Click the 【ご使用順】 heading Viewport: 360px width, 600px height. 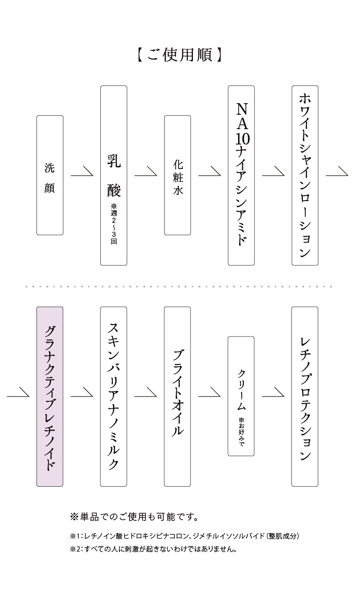tap(180, 55)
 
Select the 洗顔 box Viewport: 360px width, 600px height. tap(50, 175)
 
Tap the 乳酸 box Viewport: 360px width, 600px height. tap(114, 176)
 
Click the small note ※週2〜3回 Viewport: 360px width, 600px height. tap(114, 224)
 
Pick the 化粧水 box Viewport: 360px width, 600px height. tap(177, 175)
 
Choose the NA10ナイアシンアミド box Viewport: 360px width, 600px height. tap(241, 176)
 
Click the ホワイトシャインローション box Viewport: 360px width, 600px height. tap(305, 176)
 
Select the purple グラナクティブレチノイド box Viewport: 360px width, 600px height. tap(50, 396)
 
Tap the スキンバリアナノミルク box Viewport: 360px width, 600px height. tap(114, 396)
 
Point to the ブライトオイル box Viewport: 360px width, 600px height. tap(177, 396)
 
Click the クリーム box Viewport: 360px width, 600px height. tap(241, 396)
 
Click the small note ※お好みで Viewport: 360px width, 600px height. tap(241, 432)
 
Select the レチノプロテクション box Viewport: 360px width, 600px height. tap(305, 396)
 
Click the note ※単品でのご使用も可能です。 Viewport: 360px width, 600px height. tap(134, 517)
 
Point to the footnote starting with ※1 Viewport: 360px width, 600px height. tap(184, 536)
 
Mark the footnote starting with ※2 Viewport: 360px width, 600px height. tap(154, 549)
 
